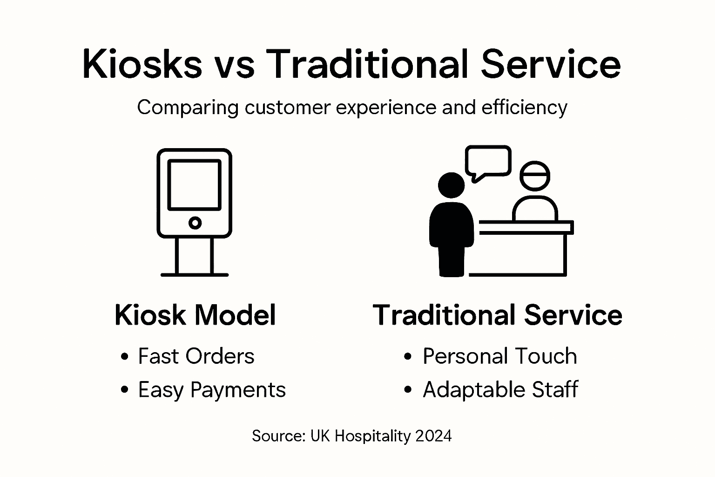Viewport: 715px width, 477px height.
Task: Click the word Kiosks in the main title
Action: tap(142, 65)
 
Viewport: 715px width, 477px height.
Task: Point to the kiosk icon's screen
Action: tap(194, 185)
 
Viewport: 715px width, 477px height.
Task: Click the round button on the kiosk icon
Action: tap(195, 223)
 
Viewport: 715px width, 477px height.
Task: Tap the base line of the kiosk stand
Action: tap(195, 274)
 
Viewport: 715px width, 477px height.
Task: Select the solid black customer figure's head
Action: tap(451, 185)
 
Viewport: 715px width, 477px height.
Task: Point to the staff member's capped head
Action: tap(535, 176)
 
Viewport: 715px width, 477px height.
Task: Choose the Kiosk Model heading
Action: tap(195, 315)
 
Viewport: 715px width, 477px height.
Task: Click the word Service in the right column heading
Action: tap(573, 315)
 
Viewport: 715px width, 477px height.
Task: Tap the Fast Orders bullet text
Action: tap(196, 356)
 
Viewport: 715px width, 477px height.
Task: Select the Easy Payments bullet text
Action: tap(212, 390)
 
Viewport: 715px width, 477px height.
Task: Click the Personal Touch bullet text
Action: tap(499, 356)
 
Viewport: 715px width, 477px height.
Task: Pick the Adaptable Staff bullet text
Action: tap(500, 390)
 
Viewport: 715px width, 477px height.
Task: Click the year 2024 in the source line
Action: tap(433, 436)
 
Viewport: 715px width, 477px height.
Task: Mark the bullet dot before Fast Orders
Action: tap(124, 357)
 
